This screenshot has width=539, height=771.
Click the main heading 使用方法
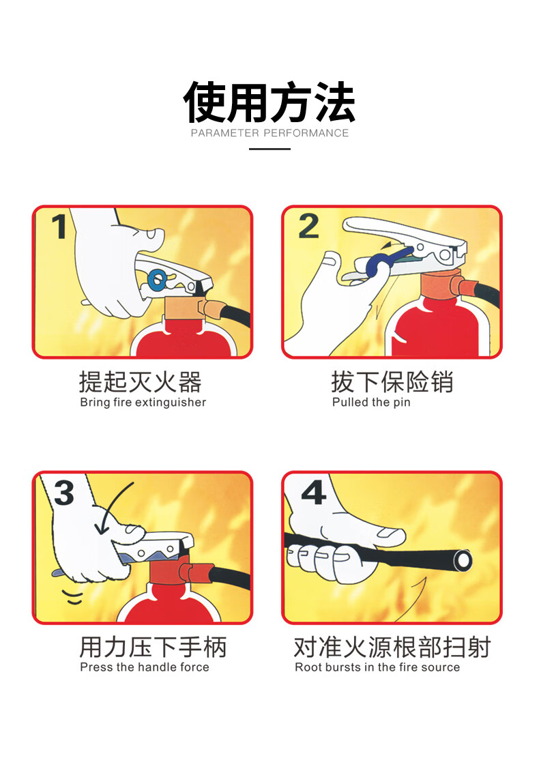[269, 102]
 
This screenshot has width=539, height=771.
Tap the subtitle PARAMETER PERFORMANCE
[269, 133]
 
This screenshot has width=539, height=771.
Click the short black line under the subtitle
[269, 149]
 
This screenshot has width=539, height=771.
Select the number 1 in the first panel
[59, 227]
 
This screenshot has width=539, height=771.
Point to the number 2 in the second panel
[309, 227]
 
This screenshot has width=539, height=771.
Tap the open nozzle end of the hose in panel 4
[463, 561]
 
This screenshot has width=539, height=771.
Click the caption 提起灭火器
[141, 381]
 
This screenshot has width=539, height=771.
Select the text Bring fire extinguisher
[143, 403]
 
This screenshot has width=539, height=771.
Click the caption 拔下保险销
[392, 381]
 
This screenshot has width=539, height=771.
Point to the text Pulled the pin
[371, 403]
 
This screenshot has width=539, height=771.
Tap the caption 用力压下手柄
[153, 647]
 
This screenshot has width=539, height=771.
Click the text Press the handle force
[145, 667]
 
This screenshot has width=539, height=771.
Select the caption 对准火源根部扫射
[392, 647]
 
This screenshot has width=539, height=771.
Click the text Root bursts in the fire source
[377, 667]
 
